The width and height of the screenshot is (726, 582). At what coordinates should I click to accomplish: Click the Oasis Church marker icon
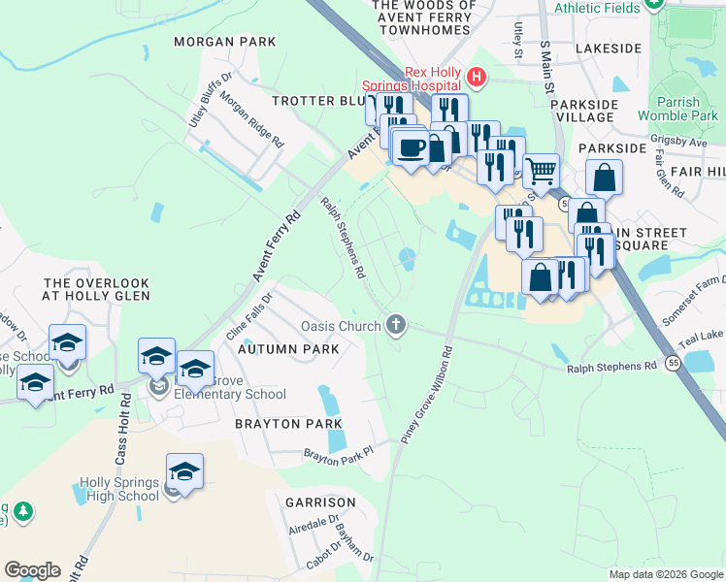coord(395,325)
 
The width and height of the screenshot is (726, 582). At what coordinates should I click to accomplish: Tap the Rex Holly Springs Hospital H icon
coord(476,76)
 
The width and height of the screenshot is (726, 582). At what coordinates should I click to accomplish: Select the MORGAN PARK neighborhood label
coord(224,43)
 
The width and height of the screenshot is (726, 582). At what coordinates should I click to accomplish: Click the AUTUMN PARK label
coord(288,348)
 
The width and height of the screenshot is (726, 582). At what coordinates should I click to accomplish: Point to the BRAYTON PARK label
coord(289,424)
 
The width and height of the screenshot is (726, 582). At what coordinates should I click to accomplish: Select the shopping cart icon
coord(541,171)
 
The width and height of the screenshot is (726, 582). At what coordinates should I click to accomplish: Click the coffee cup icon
coord(412,147)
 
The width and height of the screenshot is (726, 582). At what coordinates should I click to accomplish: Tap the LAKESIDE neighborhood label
coord(609,48)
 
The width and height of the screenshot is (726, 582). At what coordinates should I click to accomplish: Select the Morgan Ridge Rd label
coord(251,120)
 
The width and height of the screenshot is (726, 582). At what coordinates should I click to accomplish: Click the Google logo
coord(32,569)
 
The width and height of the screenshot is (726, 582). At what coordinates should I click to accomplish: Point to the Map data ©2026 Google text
coord(665,574)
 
